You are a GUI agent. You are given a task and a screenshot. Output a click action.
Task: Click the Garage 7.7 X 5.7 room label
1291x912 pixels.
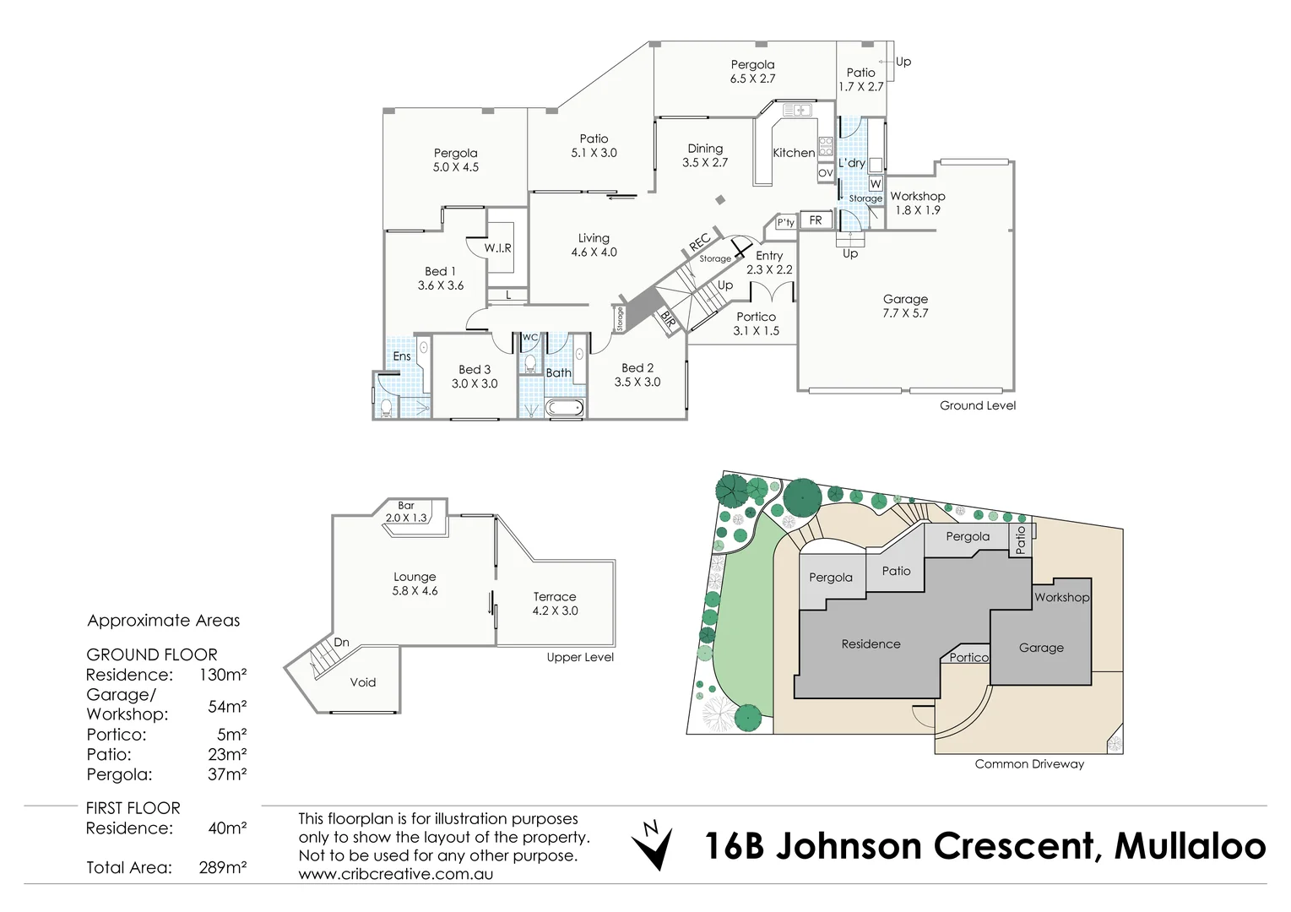[x=905, y=306]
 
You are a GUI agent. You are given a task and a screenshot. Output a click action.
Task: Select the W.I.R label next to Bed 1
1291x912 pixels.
[x=497, y=248]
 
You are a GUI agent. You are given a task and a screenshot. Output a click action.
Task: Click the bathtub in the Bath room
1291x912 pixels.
[x=563, y=409]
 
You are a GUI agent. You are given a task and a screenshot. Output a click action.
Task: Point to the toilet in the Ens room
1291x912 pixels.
[x=385, y=409]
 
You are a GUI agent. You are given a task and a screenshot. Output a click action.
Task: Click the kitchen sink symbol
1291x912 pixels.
[x=796, y=110]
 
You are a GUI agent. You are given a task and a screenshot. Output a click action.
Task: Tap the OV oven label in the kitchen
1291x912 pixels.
[x=825, y=173]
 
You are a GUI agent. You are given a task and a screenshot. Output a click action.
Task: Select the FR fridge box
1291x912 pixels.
[x=816, y=220]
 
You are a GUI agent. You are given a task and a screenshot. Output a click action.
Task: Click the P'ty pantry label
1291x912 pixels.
[x=785, y=223]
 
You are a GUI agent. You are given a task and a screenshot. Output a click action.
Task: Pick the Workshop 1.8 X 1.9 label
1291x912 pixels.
[x=917, y=203]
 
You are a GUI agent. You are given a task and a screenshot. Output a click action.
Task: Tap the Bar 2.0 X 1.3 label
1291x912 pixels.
[x=406, y=512]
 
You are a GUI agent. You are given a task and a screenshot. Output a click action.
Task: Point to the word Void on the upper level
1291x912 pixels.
[x=363, y=682]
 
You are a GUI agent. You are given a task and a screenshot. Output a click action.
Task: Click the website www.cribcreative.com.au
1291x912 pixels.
[x=395, y=874]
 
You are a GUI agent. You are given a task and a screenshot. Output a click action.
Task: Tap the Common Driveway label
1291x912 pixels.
[x=1028, y=763]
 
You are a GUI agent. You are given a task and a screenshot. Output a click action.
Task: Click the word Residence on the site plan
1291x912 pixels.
[x=871, y=643]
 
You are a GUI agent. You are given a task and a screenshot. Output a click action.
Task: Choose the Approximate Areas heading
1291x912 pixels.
[x=164, y=621]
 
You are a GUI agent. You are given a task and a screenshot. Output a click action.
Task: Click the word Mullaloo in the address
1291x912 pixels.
[x=1190, y=846]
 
